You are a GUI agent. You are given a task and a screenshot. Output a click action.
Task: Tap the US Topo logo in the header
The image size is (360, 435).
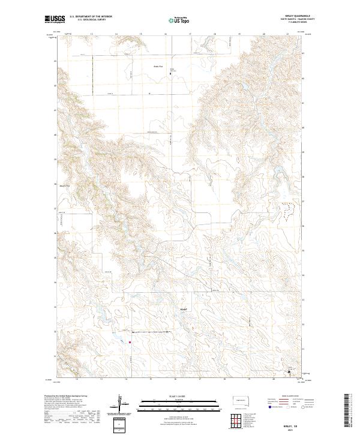pyautogui.click(x=179, y=19)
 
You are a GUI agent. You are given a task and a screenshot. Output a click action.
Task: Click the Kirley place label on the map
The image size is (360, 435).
pyautogui.click(x=184, y=309)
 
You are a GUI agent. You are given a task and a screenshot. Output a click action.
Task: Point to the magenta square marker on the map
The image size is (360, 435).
pyautogui.click(x=130, y=343)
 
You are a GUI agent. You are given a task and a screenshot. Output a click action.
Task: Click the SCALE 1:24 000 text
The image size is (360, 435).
pyautogui.click(x=179, y=395)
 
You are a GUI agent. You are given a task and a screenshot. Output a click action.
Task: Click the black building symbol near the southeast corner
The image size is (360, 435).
pyautogui.click(x=289, y=371)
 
